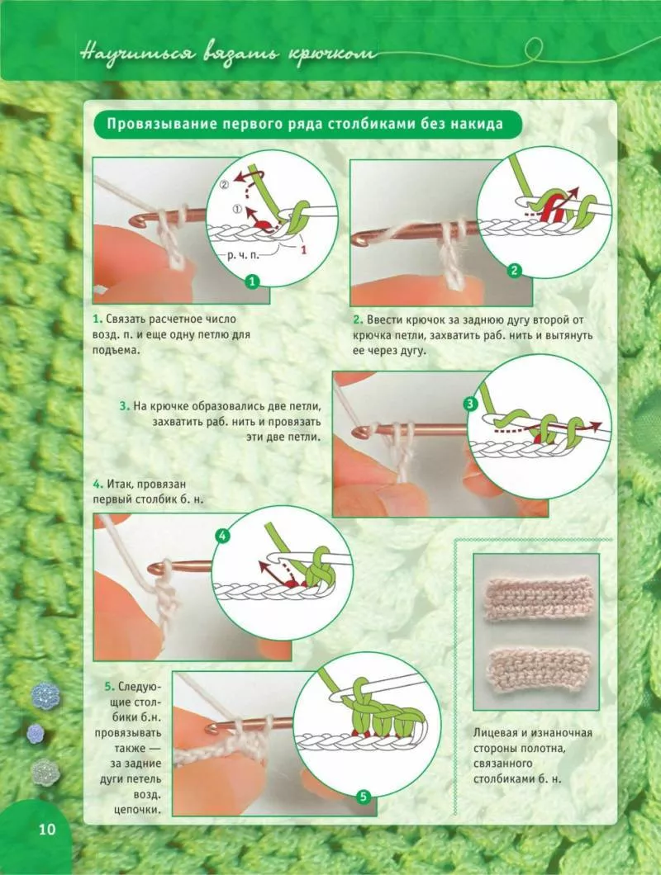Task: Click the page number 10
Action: [47, 830]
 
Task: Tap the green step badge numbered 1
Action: [253, 281]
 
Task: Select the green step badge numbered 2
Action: [514, 272]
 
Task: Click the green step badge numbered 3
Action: [470, 404]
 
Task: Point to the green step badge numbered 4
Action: [222, 537]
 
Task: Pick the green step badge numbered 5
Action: [364, 797]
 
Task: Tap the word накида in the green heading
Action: [478, 123]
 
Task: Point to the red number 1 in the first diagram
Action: [303, 249]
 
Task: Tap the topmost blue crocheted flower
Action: [45, 695]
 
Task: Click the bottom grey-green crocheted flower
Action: [45, 773]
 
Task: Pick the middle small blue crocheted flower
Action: [36, 734]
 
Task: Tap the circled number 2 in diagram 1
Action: [225, 185]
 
